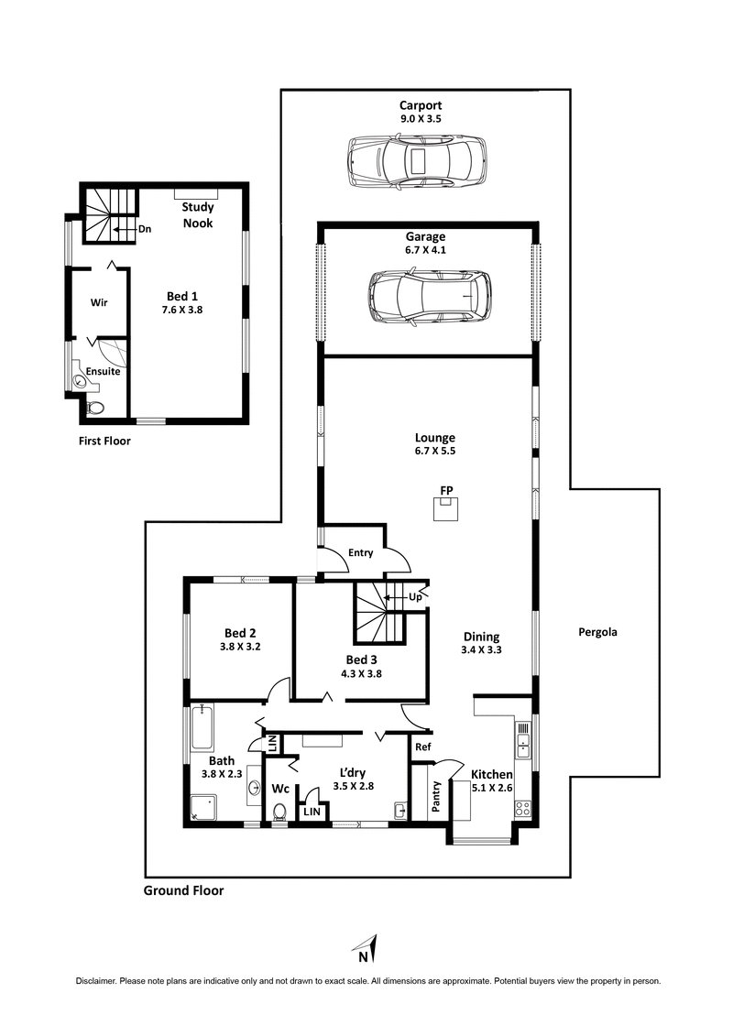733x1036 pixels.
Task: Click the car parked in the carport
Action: tap(417, 162)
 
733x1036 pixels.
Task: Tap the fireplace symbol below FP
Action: tap(446, 509)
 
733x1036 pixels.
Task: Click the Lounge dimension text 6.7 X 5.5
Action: tap(434, 452)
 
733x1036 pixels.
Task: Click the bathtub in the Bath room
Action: tap(202, 727)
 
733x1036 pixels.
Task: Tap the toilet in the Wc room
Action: tap(280, 811)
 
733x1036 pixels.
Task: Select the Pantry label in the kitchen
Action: tap(436, 796)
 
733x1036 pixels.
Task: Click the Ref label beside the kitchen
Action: tap(422, 747)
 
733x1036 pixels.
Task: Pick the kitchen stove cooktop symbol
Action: tap(522, 809)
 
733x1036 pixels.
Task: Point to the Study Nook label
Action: tap(197, 215)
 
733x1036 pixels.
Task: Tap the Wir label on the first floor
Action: tap(100, 301)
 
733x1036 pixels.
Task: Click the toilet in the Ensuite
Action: tap(96, 409)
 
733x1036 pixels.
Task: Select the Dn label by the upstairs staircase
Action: tap(145, 229)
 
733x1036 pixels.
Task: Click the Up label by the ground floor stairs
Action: tap(415, 596)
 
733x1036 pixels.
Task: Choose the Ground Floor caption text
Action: tap(184, 890)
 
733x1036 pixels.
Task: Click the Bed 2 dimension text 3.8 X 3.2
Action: tap(239, 647)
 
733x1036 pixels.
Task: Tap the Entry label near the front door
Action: tap(361, 553)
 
